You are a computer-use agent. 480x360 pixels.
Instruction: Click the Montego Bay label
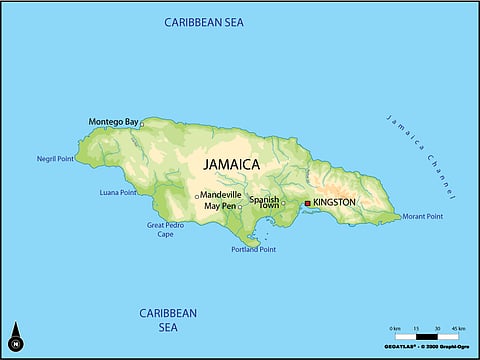click(113, 122)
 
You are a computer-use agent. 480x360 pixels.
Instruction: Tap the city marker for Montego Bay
click(142, 124)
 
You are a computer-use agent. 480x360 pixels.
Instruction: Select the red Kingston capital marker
click(307, 203)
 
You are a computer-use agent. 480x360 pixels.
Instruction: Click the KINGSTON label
click(333, 202)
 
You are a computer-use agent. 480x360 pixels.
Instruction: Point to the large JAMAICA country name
click(231, 164)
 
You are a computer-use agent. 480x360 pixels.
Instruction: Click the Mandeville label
click(220, 194)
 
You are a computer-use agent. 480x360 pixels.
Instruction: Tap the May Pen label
click(220, 206)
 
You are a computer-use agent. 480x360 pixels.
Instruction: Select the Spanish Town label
click(263, 202)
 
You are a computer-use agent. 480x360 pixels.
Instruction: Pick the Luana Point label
click(118, 192)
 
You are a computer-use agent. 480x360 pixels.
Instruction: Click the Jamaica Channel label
click(421, 155)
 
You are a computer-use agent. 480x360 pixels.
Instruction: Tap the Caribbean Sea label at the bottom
click(168, 320)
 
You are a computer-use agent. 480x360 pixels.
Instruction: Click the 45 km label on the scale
click(459, 328)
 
